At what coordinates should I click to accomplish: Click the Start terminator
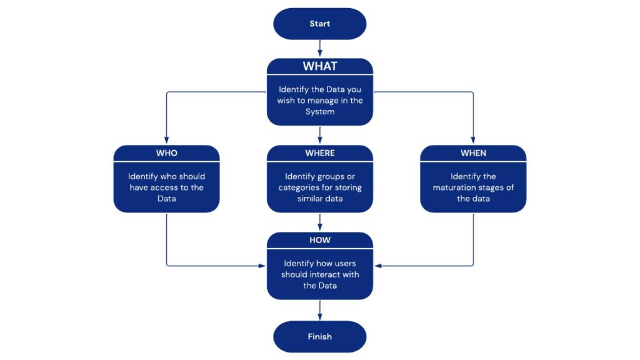click(x=319, y=24)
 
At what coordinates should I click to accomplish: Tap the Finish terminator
click(x=319, y=337)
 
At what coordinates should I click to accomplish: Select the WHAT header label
click(x=320, y=66)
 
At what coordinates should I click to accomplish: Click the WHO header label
click(x=166, y=153)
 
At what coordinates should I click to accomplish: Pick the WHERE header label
click(x=320, y=153)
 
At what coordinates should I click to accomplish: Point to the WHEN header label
click(x=473, y=153)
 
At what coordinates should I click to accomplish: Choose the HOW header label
click(x=320, y=240)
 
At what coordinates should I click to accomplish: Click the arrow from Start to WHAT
click(x=320, y=48)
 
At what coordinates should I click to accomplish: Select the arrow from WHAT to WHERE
click(x=320, y=134)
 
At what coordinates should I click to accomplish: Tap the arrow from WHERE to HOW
click(x=320, y=222)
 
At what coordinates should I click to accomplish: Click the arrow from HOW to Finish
click(x=320, y=310)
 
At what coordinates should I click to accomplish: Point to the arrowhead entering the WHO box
click(x=166, y=142)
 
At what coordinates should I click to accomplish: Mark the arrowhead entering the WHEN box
click(x=473, y=142)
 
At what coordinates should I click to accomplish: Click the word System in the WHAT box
click(x=320, y=112)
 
